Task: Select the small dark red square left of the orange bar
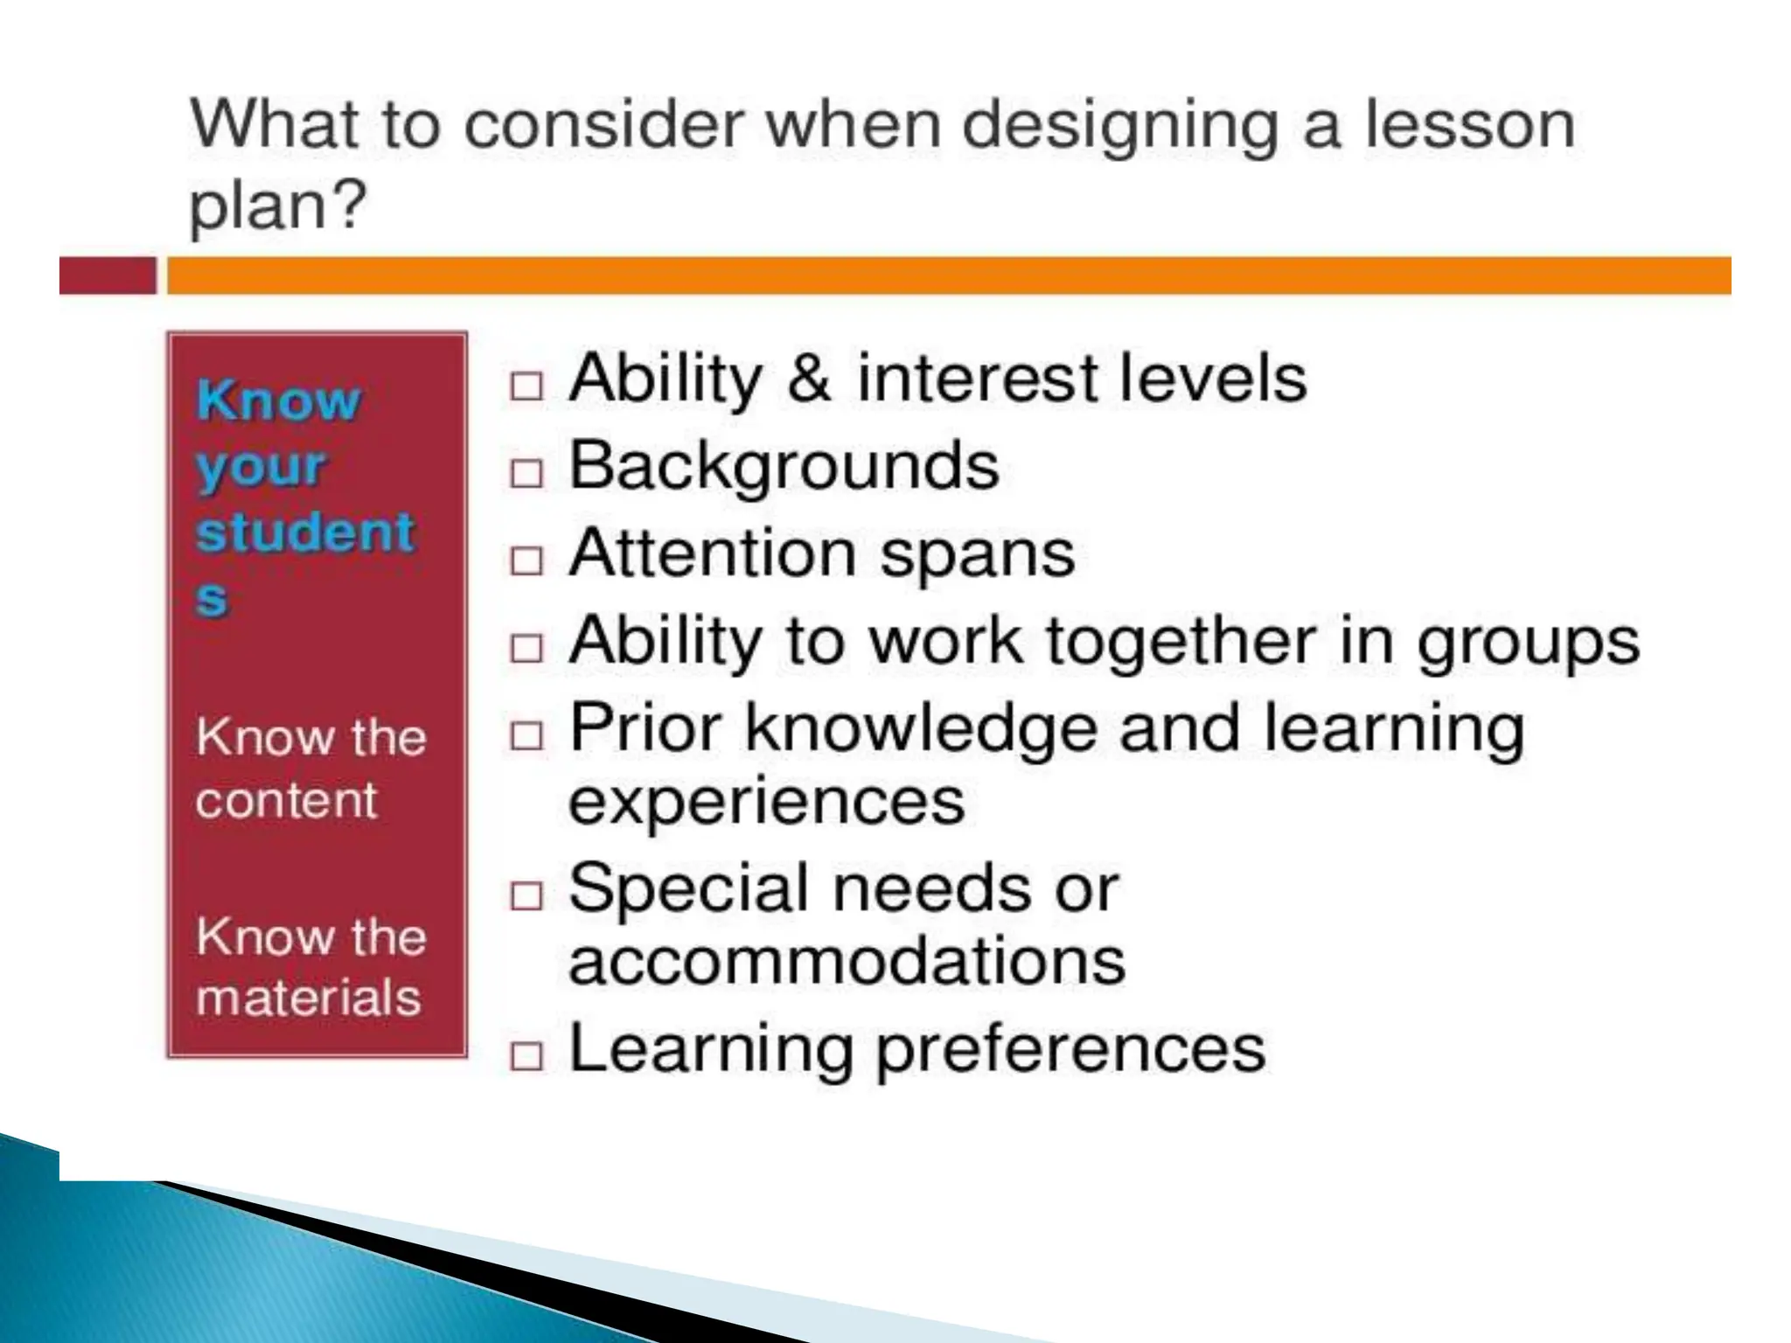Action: pos(107,275)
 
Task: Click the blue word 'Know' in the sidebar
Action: pos(278,401)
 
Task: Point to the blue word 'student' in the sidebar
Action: pos(304,532)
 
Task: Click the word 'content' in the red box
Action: pos(286,800)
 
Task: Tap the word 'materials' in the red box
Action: pos(308,997)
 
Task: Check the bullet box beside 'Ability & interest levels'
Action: pos(526,386)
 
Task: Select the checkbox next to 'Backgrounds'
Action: pos(526,473)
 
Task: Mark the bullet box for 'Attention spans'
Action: pos(526,560)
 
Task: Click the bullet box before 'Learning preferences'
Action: pos(526,1056)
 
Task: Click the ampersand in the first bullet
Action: pos(809,379)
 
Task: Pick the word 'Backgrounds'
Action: pos(784,466)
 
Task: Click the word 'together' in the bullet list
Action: pos(1181,641)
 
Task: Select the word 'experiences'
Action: pos(766,803)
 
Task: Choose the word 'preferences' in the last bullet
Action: pos(1070,1050)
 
